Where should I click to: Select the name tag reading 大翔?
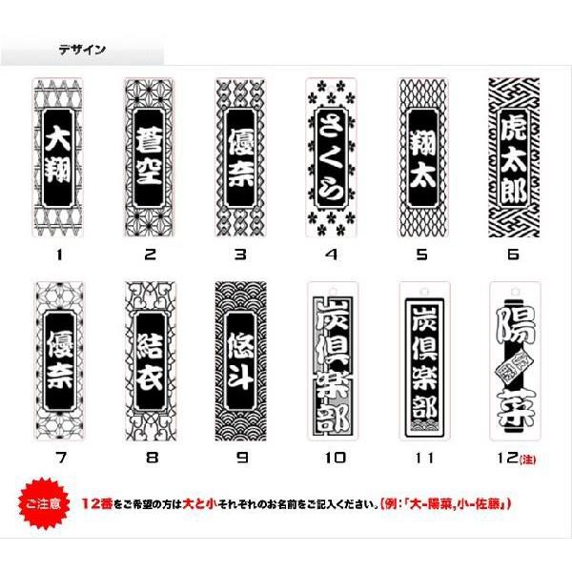tap(57, 157)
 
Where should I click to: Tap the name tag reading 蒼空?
tap(149, 157)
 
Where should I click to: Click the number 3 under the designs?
tap(240, 255)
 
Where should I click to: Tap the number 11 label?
tap(423, 458)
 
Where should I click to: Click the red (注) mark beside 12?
tap(527, 460)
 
